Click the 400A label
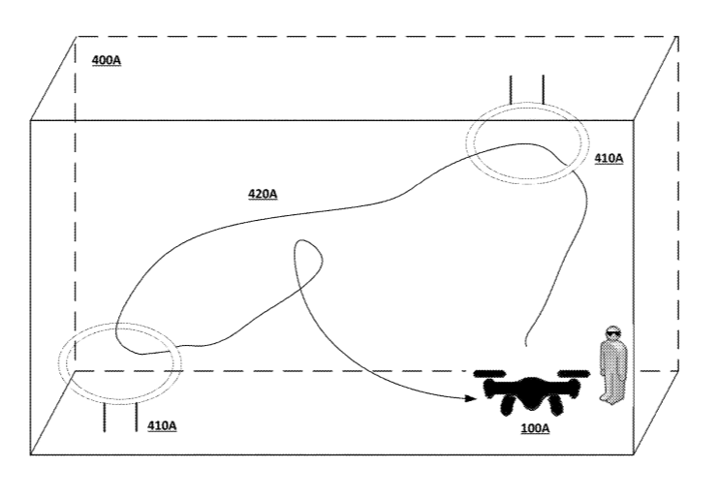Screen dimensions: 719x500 pos(107,60)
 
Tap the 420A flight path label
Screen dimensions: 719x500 pos(263,194)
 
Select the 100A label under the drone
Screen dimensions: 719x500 pos(535,428)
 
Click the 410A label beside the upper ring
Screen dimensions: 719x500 pos(609,158)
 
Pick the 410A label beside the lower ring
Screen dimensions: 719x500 pos(162,425)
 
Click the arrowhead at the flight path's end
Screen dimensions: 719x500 pos(471,397)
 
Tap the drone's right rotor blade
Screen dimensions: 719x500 pos(574,373)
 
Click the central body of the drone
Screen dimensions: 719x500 pos(531,392)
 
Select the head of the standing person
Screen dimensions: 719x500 pos(612,334)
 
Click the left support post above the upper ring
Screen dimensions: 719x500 pos(511,89)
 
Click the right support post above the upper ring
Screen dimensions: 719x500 pos(543,89)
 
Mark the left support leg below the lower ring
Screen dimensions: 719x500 pos(104,418)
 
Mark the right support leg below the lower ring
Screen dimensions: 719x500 pos(137,418)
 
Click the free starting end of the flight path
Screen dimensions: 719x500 pos(525,345)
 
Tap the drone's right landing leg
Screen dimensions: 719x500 pos(556,405)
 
